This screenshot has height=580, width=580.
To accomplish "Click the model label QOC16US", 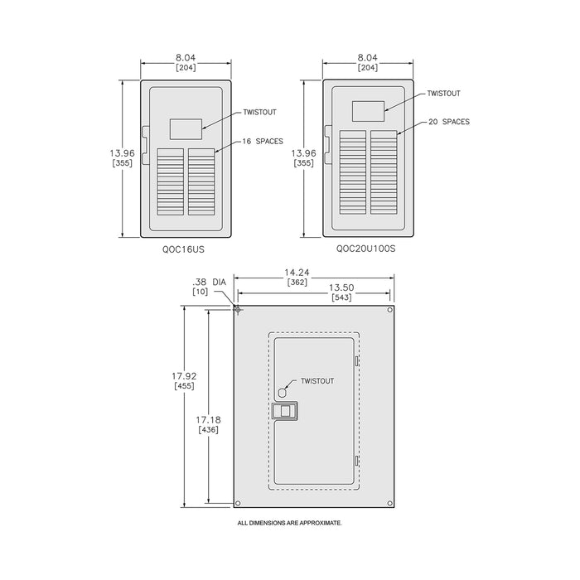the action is pyautogui.click(x=183, y=249).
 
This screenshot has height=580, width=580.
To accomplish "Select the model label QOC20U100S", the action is pyautogui.click(x=365, y=249).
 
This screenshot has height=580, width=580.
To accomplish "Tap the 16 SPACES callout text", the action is pyautogui.click(x=263, y=142).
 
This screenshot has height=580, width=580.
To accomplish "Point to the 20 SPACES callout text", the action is pyautogui.click(x=449, y=122).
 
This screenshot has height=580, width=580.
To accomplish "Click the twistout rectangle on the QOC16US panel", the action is pyautogui.click(x=186, y=129).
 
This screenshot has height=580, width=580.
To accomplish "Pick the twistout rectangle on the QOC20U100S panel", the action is pyautogui.click(x=368, y=111).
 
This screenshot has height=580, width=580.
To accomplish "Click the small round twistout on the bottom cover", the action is pyautogui.click(x=283, y=392).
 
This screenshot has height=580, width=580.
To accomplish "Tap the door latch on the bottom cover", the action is pyautogui.click(x=285, y=411).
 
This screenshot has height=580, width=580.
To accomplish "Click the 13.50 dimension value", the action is pyautogui.click(x=341, y=288).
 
